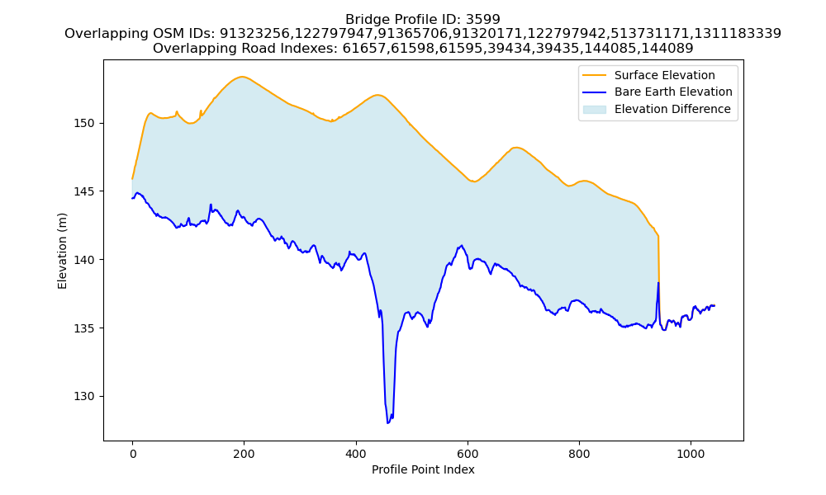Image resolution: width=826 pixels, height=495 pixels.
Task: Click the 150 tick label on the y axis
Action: (x=84, y=124)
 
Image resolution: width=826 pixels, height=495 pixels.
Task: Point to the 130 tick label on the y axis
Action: (x=84, y=397)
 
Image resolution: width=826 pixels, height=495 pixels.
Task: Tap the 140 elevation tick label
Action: (x=84, y=260)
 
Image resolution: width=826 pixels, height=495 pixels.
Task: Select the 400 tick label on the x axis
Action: (x=356, y=454)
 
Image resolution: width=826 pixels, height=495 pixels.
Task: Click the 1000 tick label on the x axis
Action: (x=691, y=454)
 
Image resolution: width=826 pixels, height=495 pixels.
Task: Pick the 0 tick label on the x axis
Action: (x=132, y=454)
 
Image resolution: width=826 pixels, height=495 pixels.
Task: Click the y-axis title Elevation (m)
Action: (x=62, y=251)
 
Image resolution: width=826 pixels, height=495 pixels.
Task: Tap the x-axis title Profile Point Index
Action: (x=423, y=469)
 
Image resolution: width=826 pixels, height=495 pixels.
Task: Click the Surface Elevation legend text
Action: (x=665, y=75)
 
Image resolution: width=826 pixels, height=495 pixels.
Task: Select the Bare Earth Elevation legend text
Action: (x=673, y=92)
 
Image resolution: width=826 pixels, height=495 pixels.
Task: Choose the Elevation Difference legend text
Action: (x=672, y=110)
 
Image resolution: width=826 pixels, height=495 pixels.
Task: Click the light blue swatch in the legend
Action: (x=594, y=110)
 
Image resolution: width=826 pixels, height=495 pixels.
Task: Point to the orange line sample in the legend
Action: (x=594, y=75)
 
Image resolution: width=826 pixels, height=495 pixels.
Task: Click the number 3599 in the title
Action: (x=483, y=20)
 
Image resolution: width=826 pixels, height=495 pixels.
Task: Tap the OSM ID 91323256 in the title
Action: (x=254, y=34)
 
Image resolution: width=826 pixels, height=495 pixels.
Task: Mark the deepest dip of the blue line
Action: (x=388, y=422)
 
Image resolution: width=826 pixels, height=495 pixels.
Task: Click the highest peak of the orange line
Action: (x=242, y=77)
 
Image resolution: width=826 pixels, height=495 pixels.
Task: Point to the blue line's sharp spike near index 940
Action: (x=658, y=284)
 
